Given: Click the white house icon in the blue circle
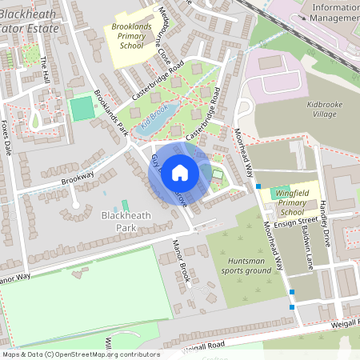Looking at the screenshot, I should pyautogui.click(x=180, y=172).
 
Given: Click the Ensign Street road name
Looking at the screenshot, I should pyautogui.click(x=296, y=223).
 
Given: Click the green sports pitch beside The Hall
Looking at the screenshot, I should pyautogui.click(x=82, y=109).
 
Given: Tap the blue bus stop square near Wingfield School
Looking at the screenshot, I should pyautogui.click(x=258, y=186).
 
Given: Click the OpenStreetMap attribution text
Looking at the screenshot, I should pyautogui.click(x=81, y=354).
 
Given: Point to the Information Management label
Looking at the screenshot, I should pyautogui.click(x=334, y=11).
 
